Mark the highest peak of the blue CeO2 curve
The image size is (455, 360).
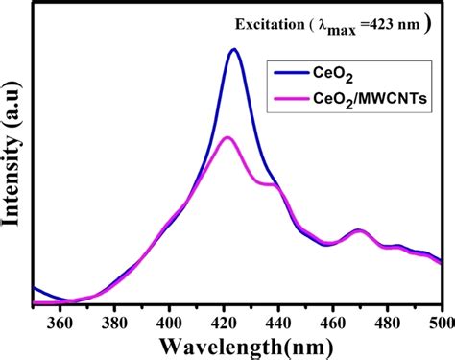coord(233,50)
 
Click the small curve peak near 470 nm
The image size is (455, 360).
coord(358,230)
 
